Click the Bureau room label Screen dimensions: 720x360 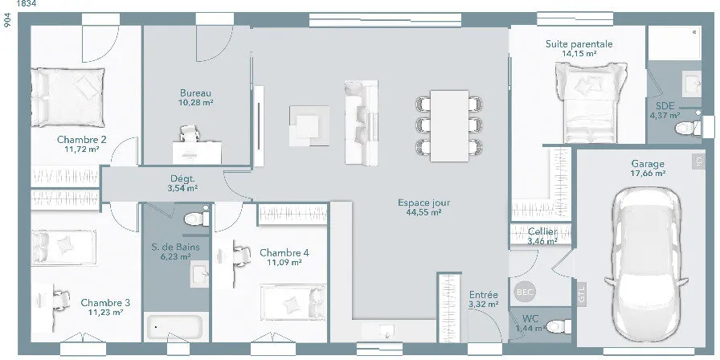pos(195,92)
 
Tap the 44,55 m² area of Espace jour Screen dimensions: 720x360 pos(423,213)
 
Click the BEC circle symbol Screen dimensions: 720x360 pos(525,292)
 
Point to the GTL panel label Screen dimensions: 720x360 pos(582,294)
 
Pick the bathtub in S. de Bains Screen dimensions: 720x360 pos(173,327)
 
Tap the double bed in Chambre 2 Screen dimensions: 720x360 pos(67,97)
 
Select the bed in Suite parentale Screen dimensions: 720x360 pos(591,102)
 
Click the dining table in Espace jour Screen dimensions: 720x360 pos(449,126)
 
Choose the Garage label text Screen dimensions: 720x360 pos(648,164)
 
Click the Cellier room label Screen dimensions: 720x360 pos(542,231)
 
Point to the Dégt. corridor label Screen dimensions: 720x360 pos(182,178)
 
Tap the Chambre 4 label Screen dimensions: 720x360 pos(284,252)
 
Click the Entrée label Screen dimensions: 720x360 pos(484,295)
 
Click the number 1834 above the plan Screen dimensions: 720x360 pos(27,4)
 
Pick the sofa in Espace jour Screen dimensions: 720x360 pos(362,123)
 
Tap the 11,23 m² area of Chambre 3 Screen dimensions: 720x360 pos(105,313)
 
